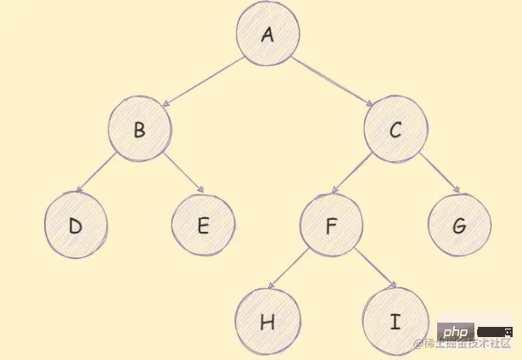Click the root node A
[268, 35]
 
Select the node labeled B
[140, 129]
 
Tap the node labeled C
[396, 129]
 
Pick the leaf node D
[76, 225]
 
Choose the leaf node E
[203, 225]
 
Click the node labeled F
[331, 225]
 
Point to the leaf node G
[459, 225]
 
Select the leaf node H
[267, 321]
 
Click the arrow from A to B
[203, 82]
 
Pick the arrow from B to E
[183, 174]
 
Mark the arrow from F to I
[373, 270]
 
